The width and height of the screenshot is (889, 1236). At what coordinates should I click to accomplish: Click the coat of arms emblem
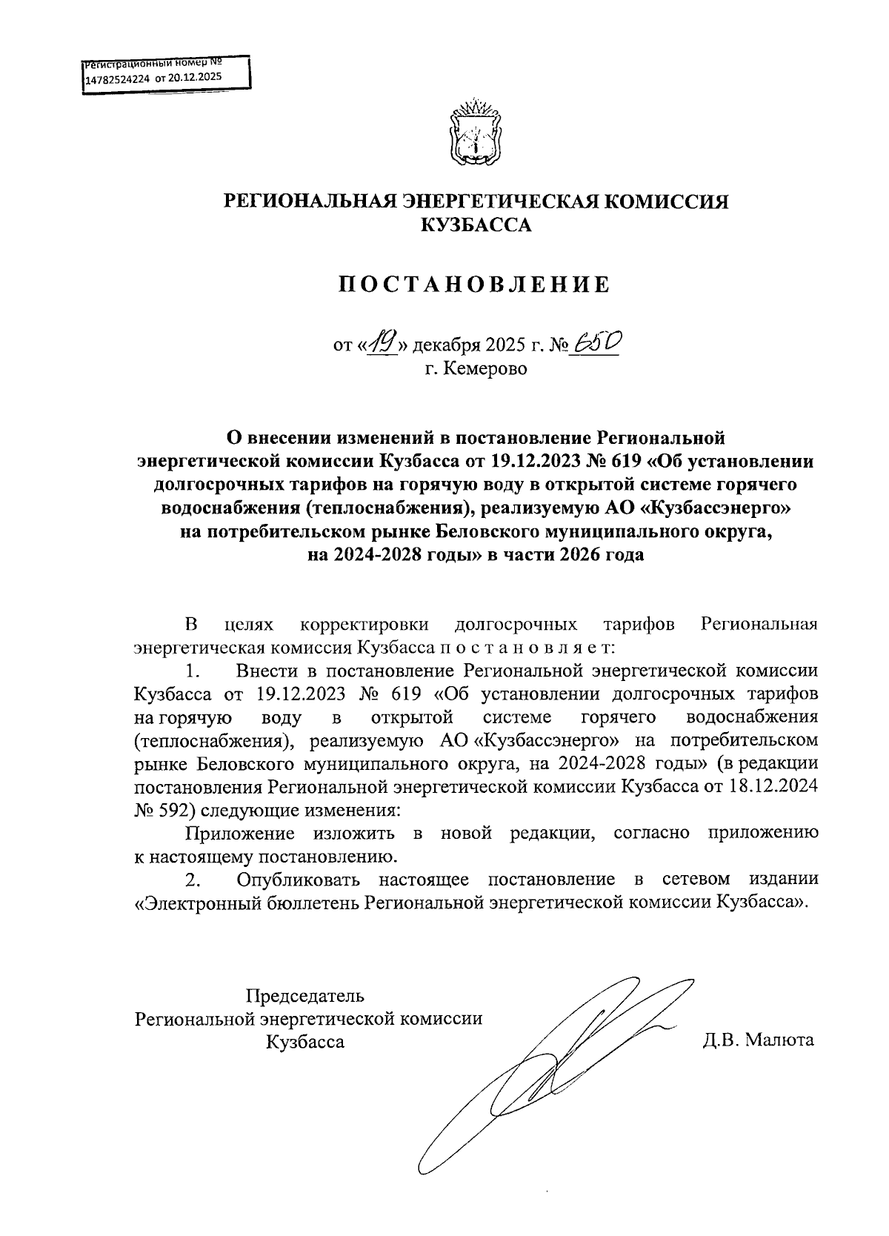pyautogui.click(x=476, y=131)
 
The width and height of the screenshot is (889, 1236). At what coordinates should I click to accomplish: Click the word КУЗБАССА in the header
pyautogui.click(x=476, y=225)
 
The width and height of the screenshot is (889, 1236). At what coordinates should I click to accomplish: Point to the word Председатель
pyautogui.click(x=305, y=995)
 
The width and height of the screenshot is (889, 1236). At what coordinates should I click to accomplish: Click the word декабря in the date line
pyautogui.click(x=447, y=345)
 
